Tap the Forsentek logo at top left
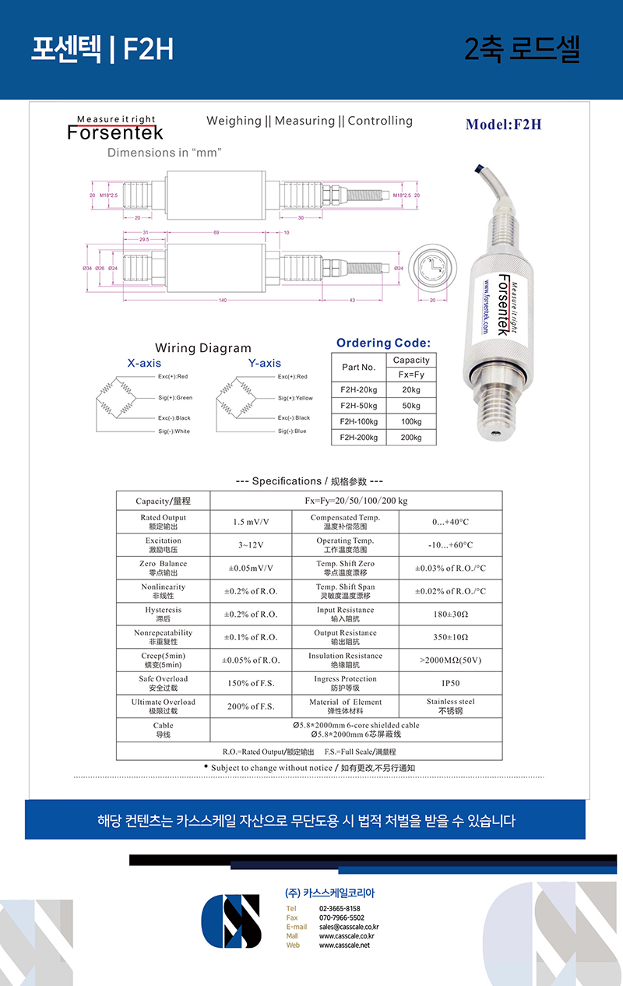click(115, 129)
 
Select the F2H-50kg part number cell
click(358, 406)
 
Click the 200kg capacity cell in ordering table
click(410, 438)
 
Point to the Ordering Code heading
click(383, 343)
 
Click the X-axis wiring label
click(144, 363)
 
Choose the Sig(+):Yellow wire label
click(295, 398)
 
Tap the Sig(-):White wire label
click(174, 431)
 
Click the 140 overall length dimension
click(222, 300)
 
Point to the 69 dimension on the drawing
click(216, 233)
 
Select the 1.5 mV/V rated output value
click(251, 522)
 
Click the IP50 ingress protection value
click(450, 683)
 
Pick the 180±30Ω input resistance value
click(450, 614)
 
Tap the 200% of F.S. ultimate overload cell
click(251, 706)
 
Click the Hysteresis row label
click(163, 614)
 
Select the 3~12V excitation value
click(251, 545)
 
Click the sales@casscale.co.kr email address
click(349, 927)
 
